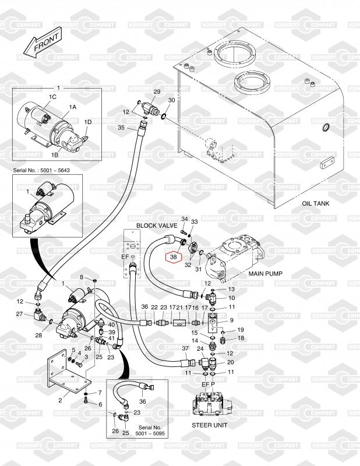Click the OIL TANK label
(x=316, y=204)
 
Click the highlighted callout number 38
(x=174, y=256)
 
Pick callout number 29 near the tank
(x=156, y=92)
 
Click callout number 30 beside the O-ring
(x=171, y=101)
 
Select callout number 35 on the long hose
(x=121, y=127)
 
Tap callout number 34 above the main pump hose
(x=184, y=218)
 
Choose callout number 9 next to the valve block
(x=231, y=320)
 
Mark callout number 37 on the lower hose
(x=185, y=348)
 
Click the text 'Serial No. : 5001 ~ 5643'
(x=41, y=173)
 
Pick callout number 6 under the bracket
(x=99, y=404)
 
